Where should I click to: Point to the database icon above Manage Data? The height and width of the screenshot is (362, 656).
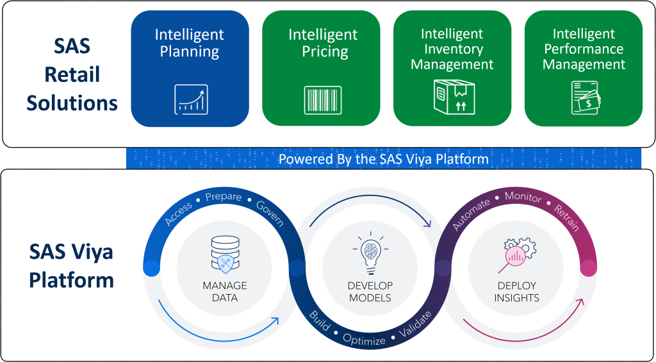pos(224,252)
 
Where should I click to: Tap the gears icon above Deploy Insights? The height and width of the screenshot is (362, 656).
pos(516,253)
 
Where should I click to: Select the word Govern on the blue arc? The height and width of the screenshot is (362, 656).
pos(270,212)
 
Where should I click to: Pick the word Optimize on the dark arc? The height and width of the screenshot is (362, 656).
pos(364,340)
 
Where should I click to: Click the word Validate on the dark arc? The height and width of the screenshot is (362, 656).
pos(415,324)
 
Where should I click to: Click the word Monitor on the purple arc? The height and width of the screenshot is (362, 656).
pos(523,197)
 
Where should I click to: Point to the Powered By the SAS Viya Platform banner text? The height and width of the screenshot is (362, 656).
pos(383,159)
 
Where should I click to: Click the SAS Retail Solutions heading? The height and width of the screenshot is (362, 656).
pos(72,74)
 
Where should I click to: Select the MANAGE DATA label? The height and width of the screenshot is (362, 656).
pos(224,292)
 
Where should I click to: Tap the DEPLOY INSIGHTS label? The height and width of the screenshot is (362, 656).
pos(516,292)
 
